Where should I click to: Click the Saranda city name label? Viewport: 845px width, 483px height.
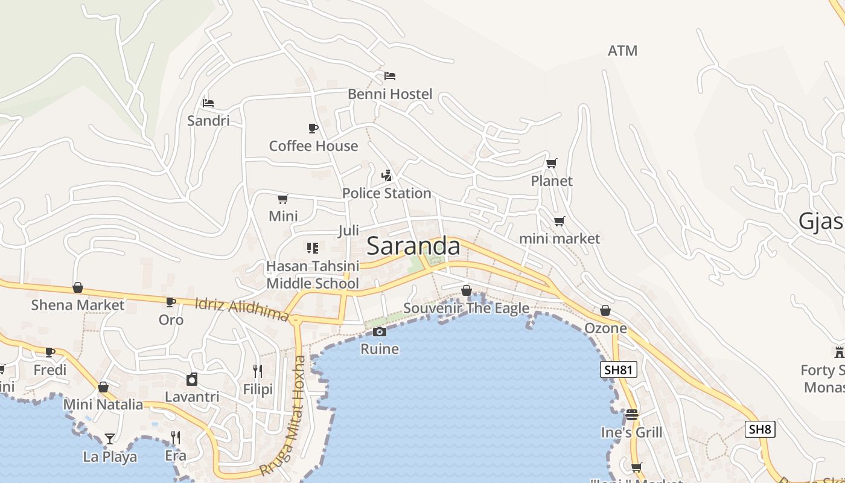[413, 246]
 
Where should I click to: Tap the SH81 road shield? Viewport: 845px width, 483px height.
[619, 369]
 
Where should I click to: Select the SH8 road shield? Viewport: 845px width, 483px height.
[759, 429]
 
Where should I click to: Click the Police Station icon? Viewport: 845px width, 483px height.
[386, 176]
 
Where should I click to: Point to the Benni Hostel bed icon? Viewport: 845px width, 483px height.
[390, 76]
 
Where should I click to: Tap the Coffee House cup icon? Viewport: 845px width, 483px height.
[313, 128]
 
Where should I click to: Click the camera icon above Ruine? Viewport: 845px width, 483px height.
[379, 331]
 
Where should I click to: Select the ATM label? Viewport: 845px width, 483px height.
[622, 51]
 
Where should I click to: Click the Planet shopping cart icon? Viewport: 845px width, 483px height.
[551, 163]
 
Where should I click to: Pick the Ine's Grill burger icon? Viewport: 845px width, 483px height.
[631, 415]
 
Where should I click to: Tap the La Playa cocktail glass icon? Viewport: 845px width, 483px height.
[109, 438]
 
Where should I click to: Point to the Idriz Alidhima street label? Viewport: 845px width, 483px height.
[242, 309]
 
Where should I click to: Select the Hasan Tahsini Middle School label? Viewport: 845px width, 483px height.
[313, 275]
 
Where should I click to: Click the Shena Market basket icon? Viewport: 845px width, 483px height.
[77, 287]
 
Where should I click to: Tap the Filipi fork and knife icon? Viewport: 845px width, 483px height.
[258, 371]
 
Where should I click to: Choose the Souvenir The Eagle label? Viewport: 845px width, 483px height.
[466, 309]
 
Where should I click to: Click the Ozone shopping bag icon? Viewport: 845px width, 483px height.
[605, 310]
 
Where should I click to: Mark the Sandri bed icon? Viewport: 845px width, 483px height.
[208, 103]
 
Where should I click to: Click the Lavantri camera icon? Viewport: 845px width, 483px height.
[192, 379]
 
